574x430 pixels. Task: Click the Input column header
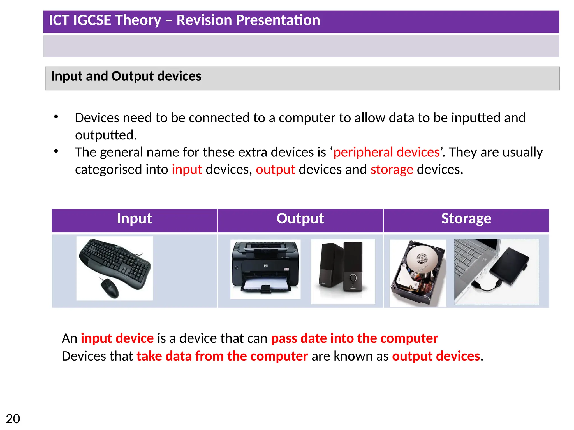[134, 219]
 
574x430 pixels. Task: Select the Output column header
[300, 219]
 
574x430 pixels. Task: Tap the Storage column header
[466, 219]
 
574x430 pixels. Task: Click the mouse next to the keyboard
[110, 288]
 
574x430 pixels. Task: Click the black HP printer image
[265, 266]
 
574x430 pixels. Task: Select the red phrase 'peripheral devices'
[386, 152]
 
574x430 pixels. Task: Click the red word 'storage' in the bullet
[392, 170]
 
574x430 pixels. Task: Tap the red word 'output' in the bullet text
[275, 170]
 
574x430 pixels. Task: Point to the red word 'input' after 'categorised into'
[187, 170]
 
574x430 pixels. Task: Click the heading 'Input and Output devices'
[126, 76]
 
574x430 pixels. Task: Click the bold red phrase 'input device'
[117, 338]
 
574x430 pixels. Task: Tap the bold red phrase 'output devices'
[436, 356]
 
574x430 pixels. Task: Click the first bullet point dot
[56, 116]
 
